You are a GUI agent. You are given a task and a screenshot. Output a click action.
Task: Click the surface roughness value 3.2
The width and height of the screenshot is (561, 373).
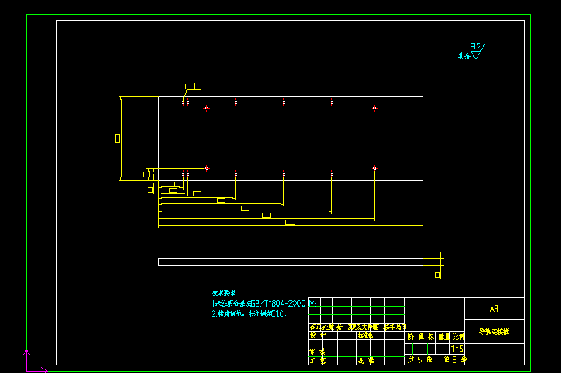click(476, 47)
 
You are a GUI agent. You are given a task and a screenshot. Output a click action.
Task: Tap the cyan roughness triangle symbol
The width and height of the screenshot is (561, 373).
click(476, 55)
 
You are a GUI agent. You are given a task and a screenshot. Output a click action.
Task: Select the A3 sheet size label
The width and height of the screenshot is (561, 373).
click(494, 309)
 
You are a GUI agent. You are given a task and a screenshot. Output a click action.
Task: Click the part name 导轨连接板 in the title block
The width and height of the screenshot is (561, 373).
click(494, 331)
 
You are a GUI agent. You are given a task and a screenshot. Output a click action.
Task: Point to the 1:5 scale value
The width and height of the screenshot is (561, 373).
click(456, 348)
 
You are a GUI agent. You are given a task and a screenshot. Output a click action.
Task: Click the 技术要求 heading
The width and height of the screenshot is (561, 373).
click(223, 292)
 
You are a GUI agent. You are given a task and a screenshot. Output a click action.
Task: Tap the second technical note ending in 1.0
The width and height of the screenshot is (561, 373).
click(249, 314)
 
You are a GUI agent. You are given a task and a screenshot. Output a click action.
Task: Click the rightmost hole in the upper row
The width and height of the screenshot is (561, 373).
click(374, 108)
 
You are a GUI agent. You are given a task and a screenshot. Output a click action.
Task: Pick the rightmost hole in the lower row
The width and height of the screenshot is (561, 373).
click(374, 168)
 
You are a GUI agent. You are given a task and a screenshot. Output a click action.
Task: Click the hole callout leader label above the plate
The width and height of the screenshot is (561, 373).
click(193, 88)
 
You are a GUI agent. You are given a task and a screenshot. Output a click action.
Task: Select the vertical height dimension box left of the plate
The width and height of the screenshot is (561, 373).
click(117, 138)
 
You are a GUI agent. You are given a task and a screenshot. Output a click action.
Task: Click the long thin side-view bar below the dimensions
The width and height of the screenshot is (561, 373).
click(290, 261)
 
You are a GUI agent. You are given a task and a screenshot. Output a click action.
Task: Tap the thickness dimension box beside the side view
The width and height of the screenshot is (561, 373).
click(437, 275)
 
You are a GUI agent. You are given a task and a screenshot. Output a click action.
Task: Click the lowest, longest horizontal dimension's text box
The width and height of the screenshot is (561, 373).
click(290, 222)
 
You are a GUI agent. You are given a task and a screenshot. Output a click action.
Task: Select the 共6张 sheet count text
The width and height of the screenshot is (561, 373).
click(420, 360)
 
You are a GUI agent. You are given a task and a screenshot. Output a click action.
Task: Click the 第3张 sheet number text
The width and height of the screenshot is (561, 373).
click(455, 360)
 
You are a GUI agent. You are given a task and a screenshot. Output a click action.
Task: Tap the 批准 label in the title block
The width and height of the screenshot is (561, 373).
click(366, 360)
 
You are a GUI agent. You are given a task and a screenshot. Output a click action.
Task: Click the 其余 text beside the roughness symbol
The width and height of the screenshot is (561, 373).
click(463, 56)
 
